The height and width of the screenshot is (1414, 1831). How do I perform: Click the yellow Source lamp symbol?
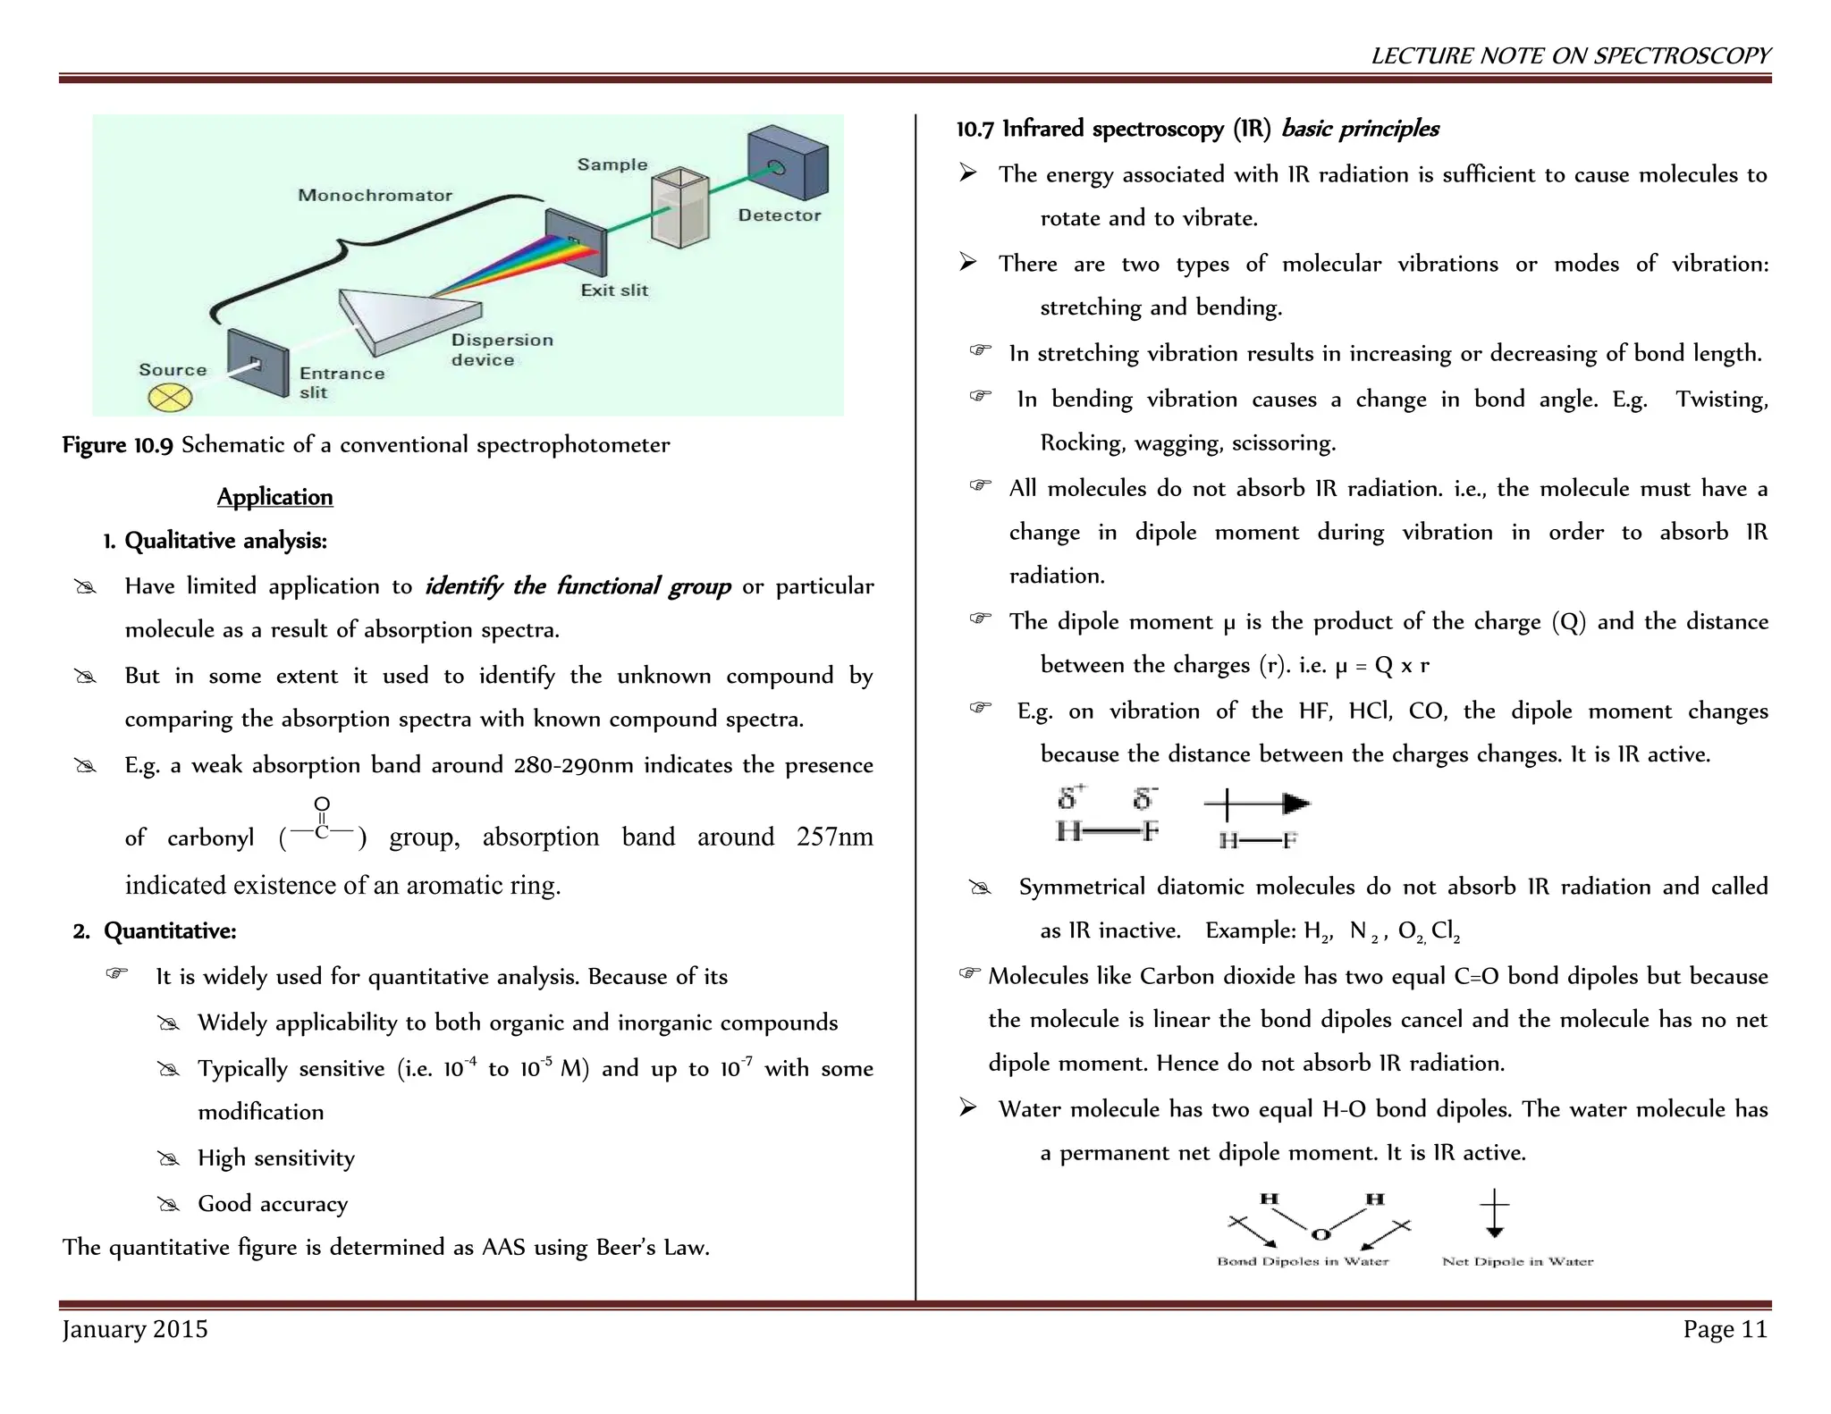tap(170, 398)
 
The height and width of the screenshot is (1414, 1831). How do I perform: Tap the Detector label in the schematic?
tap(779, 215)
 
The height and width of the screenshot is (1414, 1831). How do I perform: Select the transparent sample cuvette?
tap(680, 207)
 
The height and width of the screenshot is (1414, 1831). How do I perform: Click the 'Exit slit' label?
tap(614, 290)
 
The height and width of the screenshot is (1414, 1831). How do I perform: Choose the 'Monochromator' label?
tap(375, 196)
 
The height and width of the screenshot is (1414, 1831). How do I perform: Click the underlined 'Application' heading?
tap(274, 497)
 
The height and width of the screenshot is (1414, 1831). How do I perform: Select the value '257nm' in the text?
tap(834, 837)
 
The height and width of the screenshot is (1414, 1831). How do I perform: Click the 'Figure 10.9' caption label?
tap(117, 445)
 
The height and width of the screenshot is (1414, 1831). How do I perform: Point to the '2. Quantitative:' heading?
tap(155, 931)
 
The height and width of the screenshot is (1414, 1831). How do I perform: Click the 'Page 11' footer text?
tap(1726, 1330)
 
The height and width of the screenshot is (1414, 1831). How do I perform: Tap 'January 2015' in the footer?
tap(135, 1330)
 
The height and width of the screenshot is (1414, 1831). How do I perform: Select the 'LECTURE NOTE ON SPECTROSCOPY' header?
tap(1571, 55)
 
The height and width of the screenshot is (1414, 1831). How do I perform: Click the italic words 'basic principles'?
tap(1360, 130)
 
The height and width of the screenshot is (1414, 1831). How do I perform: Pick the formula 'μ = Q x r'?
tap(1382, 666)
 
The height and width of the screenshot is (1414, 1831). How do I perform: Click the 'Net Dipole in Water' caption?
tap(1517, 1262)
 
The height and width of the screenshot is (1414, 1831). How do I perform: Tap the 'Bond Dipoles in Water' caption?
tap(1303, 1262)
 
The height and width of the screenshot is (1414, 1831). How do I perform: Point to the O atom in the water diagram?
tap(1321, 1234)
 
